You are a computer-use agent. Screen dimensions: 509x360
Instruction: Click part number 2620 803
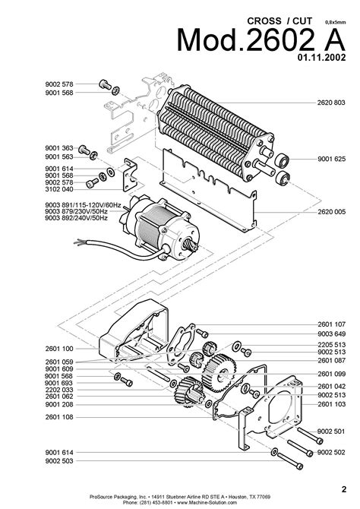click(331, 102)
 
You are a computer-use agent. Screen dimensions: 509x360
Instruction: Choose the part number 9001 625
click(331, 160)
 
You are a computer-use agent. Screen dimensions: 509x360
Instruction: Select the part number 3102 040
click(59, 190)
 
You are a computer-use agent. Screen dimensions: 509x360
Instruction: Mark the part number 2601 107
click(331, 324)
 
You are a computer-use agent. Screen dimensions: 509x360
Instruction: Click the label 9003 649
click(331, 334)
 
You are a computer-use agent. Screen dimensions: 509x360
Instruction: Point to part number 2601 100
click(59, 348)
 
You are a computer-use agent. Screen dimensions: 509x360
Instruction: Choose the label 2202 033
click(59, 390)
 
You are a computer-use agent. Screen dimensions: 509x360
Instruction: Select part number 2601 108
click(59, 417)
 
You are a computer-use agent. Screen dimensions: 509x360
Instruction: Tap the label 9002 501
click(331, 431)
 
